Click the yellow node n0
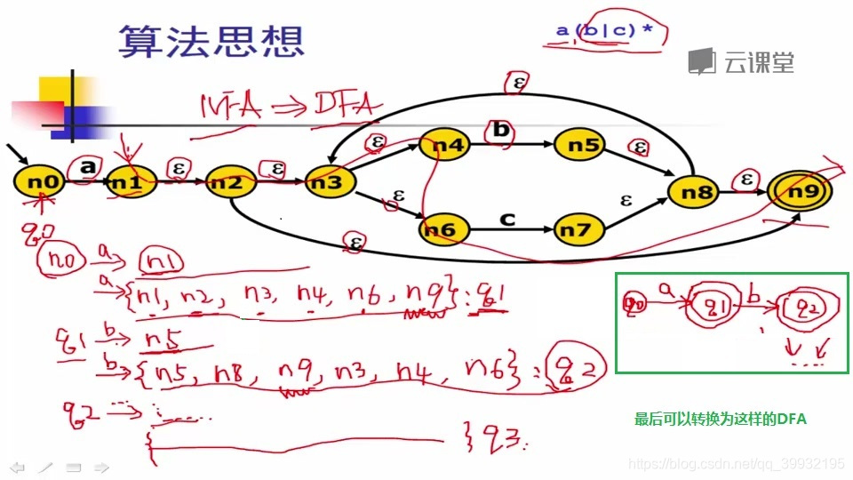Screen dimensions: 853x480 pyautogui.click(x=40, y=183)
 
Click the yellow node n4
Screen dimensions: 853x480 pyautogui.click(x=444, y=144)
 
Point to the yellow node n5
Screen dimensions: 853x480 pyautogui.click(x=579, y=144)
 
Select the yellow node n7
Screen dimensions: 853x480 pyautogui.click(x=579, y=229)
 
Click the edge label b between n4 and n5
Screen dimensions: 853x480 pyautogui.click(x=501, y=130)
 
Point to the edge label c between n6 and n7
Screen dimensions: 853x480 pyautogui.click(x=507, y=218)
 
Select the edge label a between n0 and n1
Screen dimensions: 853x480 pyautogui.click(x=87, y=166)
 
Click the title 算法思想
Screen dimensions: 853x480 pyautogui.click(x=211, y=41)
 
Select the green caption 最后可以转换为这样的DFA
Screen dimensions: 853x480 pyautogui.click(x=720, y=419)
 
